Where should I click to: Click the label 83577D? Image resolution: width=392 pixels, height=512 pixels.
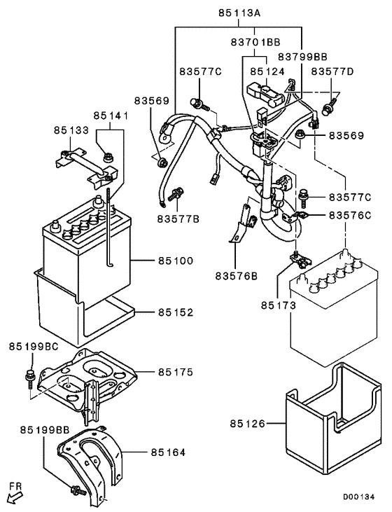(332, 71)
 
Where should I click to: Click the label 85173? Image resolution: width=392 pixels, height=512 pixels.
(279, 305)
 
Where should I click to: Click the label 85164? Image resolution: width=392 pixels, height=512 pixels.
(167, 452)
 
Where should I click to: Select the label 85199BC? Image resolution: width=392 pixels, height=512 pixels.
(32, 347)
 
